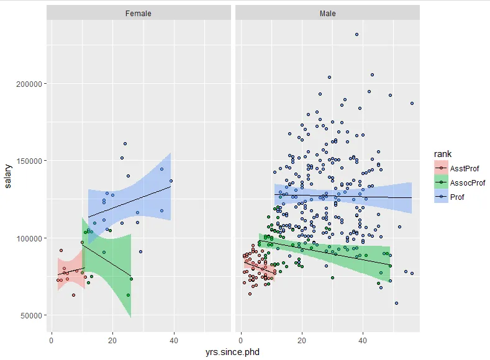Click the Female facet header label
[x=137, y=13]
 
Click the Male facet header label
[x=328, y=13]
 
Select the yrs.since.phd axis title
[x=233, y=353]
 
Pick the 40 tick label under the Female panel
[x=173, y=340]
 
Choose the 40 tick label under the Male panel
[x=363, y=340]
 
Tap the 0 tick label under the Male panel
[x=241, y=340]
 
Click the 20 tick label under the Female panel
[x=112, y=340]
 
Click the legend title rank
[x=443, y=154]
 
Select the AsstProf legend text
[x=465, y=168]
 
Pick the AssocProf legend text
[x=468, y=182]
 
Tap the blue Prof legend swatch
[x=440, y=197]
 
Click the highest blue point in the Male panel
[x=356, y=35]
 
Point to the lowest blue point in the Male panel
[x=396, y=303]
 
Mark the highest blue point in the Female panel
[x=125, y=144]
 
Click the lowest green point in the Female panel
[x=129, y=295]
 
